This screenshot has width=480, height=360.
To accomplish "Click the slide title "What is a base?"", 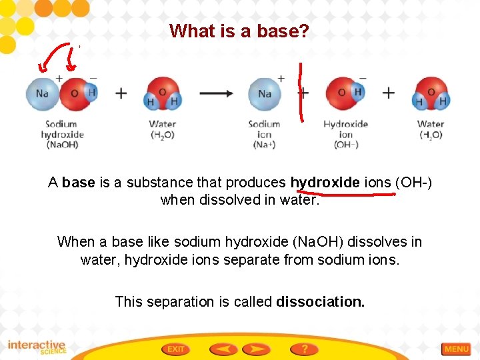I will click(x=239, y=31).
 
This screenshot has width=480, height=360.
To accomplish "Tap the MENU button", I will click(x=457, y=349).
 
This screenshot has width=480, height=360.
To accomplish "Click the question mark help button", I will click(x=304, y=349).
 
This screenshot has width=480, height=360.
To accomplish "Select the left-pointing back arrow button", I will click(x=223, y=349).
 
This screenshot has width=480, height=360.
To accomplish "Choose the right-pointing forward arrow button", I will click(x=256, y=349).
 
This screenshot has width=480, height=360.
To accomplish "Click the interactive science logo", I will click(x=37, y=347).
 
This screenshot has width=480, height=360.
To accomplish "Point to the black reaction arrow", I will click(x=217, y=93).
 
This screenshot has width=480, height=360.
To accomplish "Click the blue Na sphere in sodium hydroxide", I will click(x=43, y=93).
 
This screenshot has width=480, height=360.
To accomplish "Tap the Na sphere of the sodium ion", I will click(x=265, y=93).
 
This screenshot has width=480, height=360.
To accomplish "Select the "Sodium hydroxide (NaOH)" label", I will click(x=61, y=134).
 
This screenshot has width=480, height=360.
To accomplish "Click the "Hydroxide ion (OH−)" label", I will click(x=345, y=134).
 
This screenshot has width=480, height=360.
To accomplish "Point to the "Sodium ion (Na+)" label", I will click(x=264, y=134).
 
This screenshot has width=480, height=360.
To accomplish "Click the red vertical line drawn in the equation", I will click(x=301, y=93).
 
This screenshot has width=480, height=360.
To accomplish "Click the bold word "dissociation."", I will click(x=321, y=301).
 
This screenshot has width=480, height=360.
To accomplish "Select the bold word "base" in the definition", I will click(x=79, y=183).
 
